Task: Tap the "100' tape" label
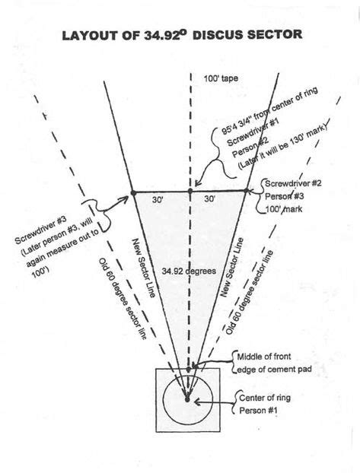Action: pyautogui.click(x=220, y=78)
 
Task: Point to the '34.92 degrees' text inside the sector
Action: pyautogui.click(x=188, y=270)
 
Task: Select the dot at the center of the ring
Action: pyautogui.click(x=187, y=397)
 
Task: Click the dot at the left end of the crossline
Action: pyautogui.click(x=132, y=191)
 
